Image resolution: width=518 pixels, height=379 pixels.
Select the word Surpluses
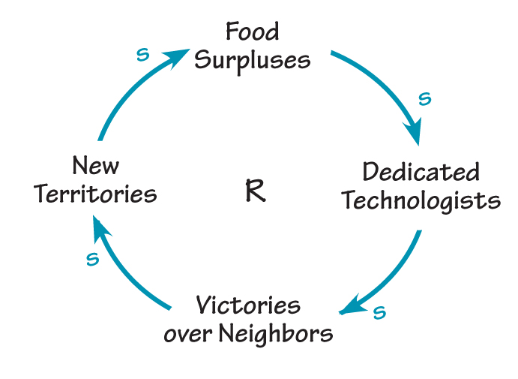coord(252,60)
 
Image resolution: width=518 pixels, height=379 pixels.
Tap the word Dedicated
coord(421,173)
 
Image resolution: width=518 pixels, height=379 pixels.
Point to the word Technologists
coord(421,200)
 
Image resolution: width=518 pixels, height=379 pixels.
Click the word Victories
coord(248,305)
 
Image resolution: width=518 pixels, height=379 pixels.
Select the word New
coord(95,165)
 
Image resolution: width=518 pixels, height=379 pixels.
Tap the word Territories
coord(95,194)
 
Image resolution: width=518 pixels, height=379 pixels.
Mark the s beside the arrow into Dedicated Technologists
coord(424,99)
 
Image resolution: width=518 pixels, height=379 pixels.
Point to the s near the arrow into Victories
coord(379,312)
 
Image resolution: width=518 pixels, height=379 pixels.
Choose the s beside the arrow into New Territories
coord(92,260)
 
